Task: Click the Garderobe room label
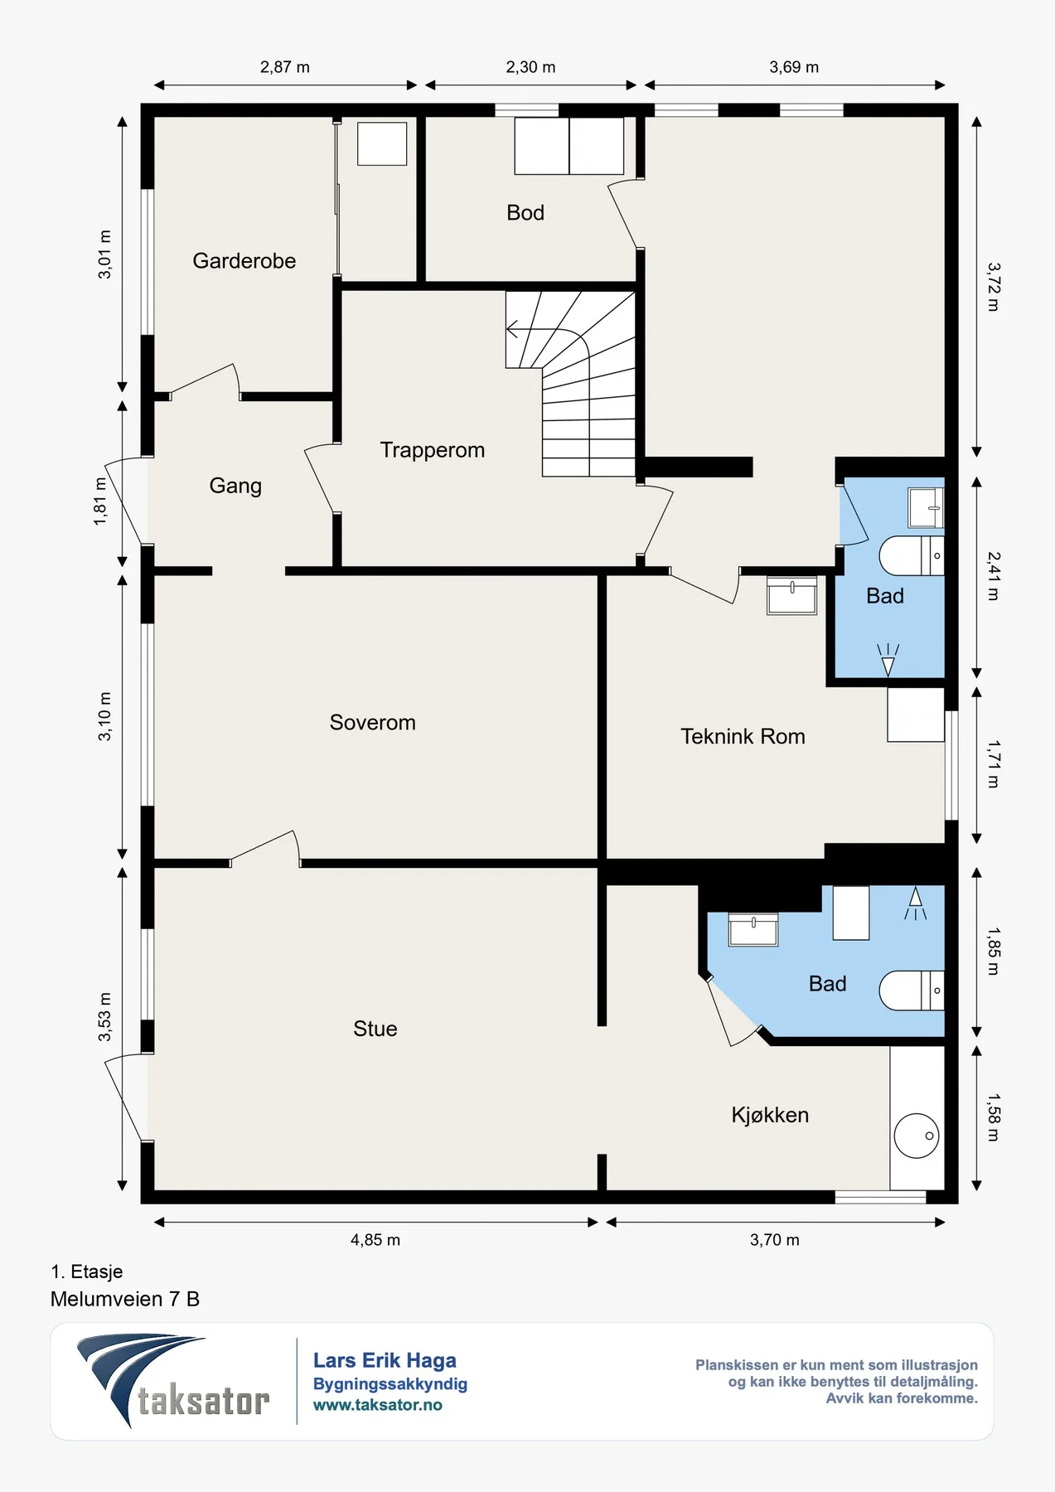pos(244,261)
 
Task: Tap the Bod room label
pos(525,213)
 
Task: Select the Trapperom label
pos(432,450)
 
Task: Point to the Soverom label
pos(372,723)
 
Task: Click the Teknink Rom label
pos(743,736)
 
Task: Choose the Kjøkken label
pos(770,1115)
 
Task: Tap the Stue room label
pos(375,1029)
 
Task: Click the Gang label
pos(235,486)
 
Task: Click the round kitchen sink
pos(917,1135)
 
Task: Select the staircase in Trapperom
pos(571,384)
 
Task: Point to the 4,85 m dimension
pos(375,1240)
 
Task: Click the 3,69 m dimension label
pos(794,67)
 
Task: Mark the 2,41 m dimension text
pos(994,576)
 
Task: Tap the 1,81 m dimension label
pos(100,501)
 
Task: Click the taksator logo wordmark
pos(203,1402)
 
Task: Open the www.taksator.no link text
pos(378,1405)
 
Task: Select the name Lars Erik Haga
pos(385,1360)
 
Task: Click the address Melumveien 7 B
pos(125,1299)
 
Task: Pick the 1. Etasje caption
pos(87,1272)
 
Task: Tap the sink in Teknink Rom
pos(792,596)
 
